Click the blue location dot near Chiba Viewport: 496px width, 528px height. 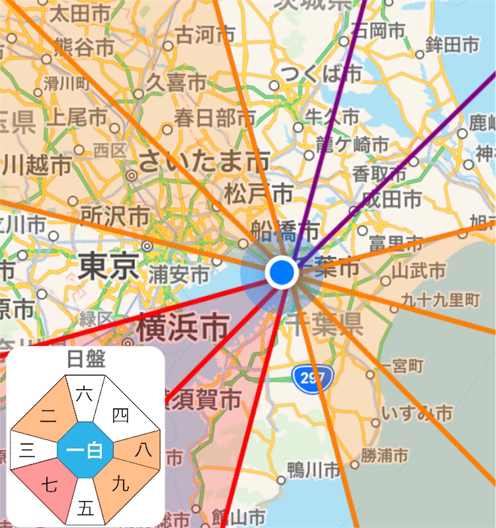click(282, 271)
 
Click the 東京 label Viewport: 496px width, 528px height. click(108, 267)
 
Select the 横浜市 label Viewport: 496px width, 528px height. click(182, 328)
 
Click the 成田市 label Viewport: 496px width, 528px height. click(391, 199)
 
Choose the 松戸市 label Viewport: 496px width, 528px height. click(258, 195)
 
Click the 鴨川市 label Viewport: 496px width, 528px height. click(314, 470)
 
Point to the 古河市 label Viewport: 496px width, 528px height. click(205, 35)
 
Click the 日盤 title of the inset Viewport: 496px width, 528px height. click(85, 359)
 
